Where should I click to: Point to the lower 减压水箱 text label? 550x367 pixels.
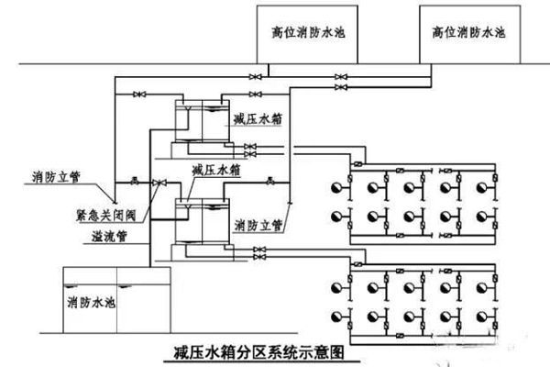[215, 170]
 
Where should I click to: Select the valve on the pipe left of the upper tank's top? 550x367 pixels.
[140, 95]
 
